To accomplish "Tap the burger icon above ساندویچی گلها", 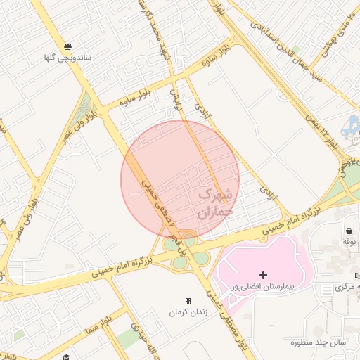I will click(x=67, y=44).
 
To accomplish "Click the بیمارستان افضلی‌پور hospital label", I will click(x=263, y=288).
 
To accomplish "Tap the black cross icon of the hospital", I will click(x=263, y=275).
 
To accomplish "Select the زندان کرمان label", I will click(x=187, y=311).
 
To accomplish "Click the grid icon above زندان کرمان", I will click(x=188, y=301).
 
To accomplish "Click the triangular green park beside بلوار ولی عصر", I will click(x=84, y=109).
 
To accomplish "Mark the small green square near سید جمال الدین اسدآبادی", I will click(x=296, y=49).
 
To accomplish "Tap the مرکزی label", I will click(x=349, y=287).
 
